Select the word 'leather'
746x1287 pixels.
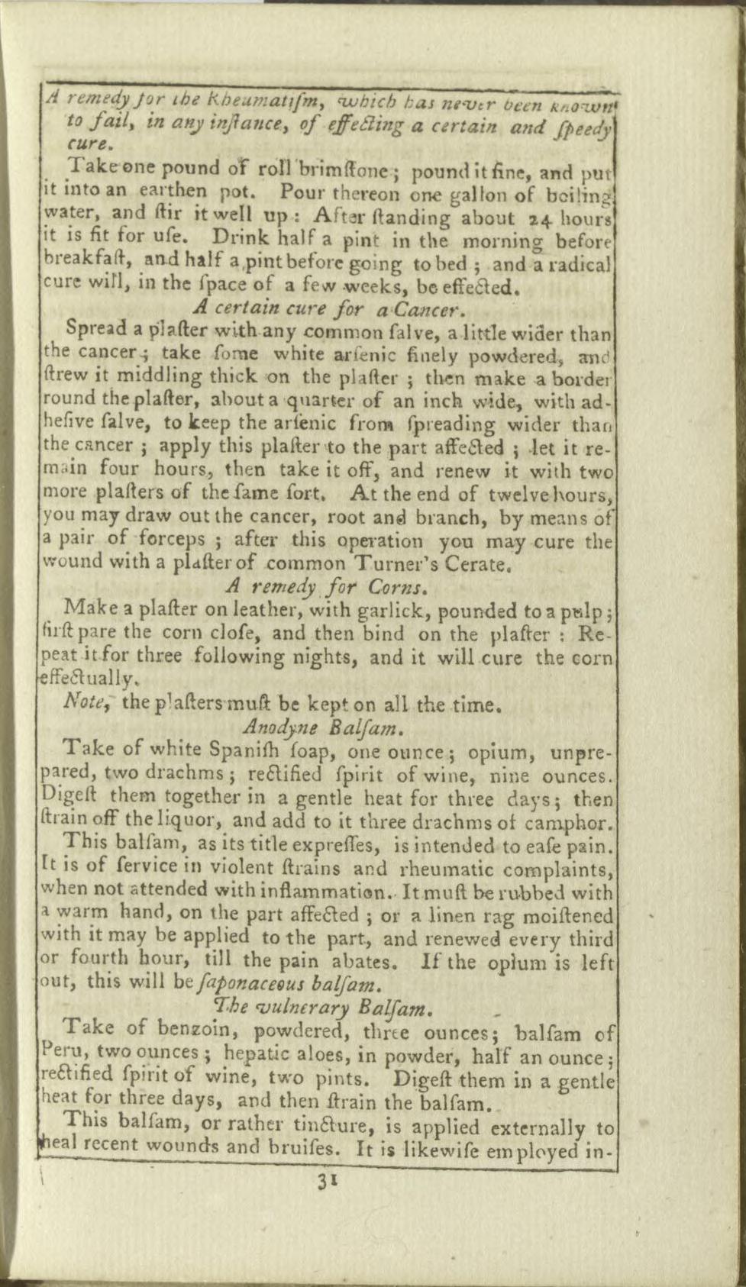pos(199,609)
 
